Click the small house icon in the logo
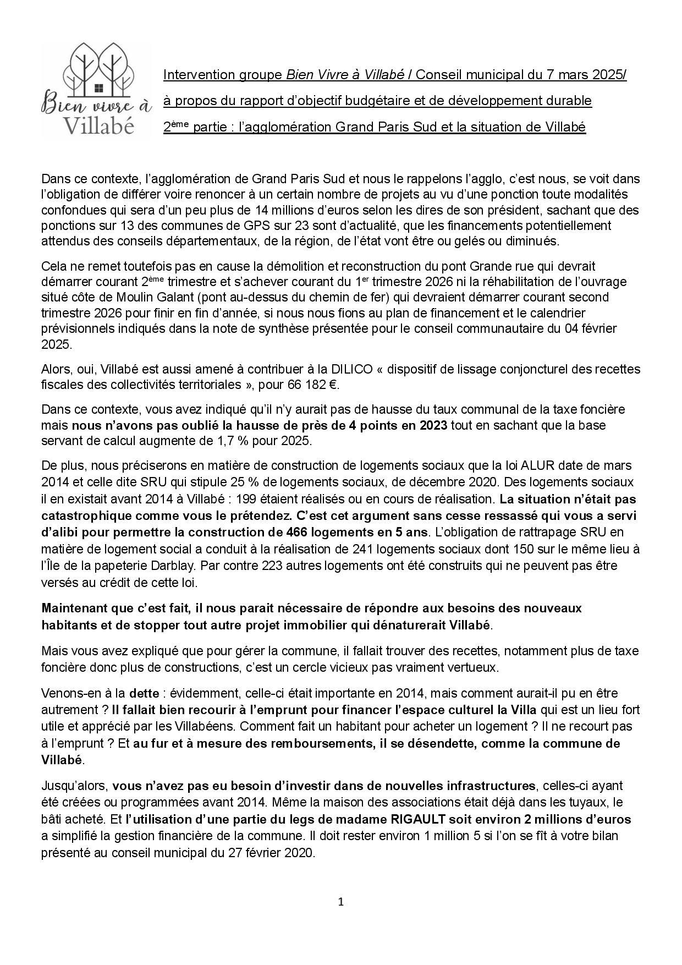pyautogui.click(x=98, y=88)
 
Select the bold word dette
pyautogui.click(x=144, y=693)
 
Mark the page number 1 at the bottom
pyautogui.click(x=341, y=902)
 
